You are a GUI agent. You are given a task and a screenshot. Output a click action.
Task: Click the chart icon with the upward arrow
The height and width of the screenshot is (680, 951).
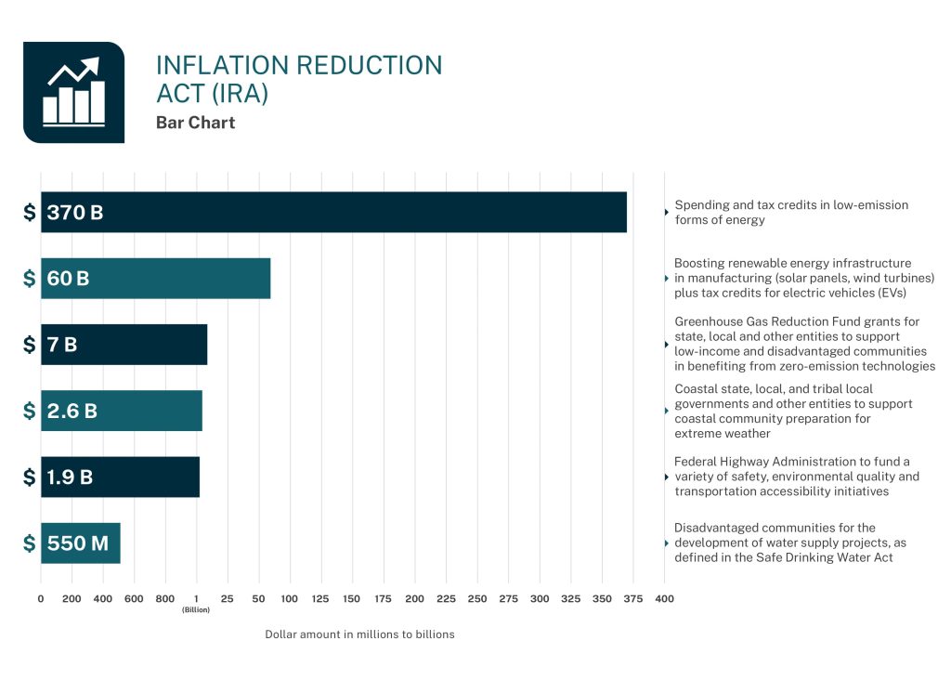click(73, 92)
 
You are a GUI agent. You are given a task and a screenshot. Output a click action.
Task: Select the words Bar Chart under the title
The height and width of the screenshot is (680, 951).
click(195, 123)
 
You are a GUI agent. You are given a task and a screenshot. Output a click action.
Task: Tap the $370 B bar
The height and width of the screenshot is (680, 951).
click(333, 212)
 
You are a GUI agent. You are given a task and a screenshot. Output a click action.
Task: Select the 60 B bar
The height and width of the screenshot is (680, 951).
click(155, 279)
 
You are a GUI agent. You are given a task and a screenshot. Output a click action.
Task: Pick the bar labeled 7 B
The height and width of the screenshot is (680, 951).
click(124, 345)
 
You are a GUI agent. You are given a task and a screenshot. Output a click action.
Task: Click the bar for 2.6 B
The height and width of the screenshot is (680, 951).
click(121, 411)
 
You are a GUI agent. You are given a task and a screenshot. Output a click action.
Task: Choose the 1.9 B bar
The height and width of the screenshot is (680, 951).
click(120, 477)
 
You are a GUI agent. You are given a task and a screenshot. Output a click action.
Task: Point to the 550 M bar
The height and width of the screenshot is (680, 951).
click(80, 543)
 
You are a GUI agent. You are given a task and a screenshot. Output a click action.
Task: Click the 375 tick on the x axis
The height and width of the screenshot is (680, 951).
click(633, 599)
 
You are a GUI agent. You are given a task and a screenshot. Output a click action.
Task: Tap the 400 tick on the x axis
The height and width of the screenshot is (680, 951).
click(664, 599)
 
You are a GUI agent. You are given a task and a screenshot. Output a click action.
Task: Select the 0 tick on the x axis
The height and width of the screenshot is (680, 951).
click(41, 599)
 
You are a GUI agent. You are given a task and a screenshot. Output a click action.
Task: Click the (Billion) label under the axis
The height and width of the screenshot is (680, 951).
click(196, 610)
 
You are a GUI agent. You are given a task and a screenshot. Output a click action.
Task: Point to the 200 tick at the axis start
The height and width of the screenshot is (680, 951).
click(72, 599)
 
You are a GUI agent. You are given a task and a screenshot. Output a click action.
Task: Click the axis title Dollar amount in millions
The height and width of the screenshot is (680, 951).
click(359, 634)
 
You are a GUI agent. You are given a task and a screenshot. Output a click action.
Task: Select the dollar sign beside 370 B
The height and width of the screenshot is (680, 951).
click(30, 213)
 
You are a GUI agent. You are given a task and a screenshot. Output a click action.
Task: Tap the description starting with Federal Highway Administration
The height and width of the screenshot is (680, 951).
click(797, 477)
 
